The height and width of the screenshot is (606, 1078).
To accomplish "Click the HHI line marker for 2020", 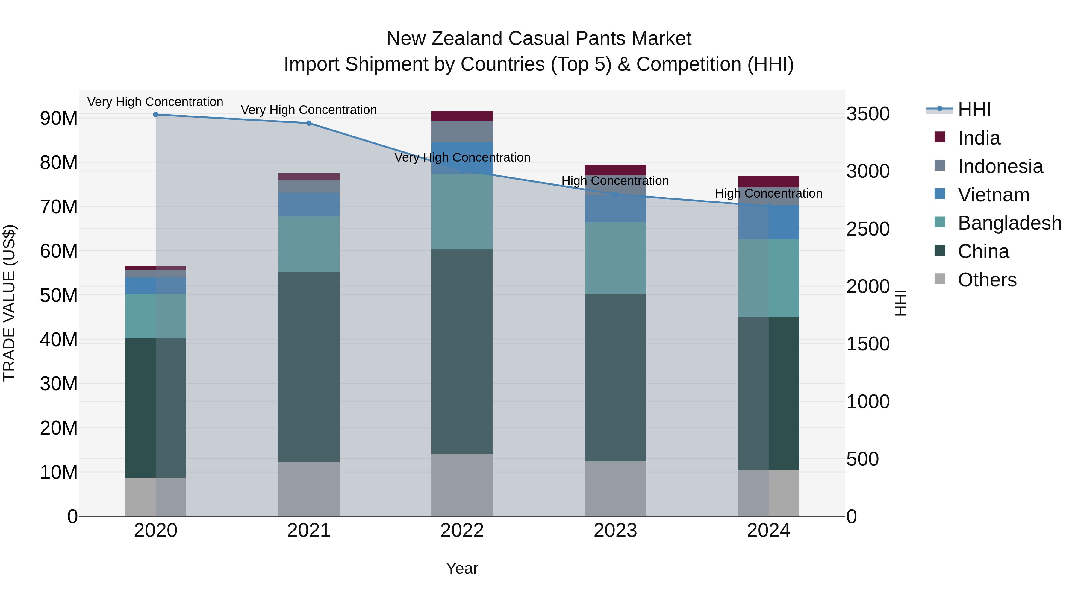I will coord(156,115).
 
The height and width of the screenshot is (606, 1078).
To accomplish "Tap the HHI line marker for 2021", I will coord(309,123).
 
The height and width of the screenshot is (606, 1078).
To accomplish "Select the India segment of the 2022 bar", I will coord(462,116).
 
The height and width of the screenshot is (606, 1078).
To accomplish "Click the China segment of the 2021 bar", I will coord(309,367).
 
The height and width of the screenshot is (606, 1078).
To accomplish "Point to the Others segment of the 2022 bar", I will coord(462,485).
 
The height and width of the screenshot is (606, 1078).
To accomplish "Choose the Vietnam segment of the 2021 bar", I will coord(309,204).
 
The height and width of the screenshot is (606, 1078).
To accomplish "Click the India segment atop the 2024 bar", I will coord(768,182).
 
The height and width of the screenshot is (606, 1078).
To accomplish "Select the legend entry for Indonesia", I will coord(1000,166).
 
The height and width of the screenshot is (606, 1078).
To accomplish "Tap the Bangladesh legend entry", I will coord(1009,223).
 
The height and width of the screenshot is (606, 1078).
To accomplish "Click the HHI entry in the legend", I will coord(974,110).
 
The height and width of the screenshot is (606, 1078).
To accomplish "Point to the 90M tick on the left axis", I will coord(59,118).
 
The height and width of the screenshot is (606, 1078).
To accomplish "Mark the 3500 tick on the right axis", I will coord(868,114).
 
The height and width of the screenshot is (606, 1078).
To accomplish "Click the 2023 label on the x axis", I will coord(615,531).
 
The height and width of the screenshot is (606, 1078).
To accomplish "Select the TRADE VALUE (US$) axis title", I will coord(9,303).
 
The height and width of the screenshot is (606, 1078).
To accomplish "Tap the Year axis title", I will coord(462,568).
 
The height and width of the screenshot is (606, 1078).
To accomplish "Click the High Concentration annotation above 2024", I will coord(768,193).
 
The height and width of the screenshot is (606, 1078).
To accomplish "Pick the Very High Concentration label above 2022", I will coord(462,158).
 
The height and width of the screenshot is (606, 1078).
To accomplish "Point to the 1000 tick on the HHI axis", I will coord(868,402).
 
